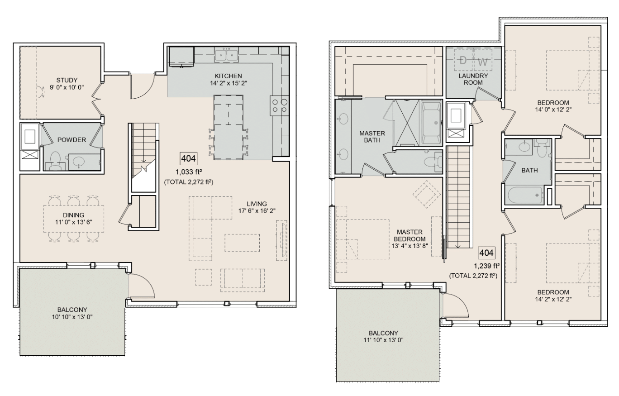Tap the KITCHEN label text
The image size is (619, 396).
coord(229,76)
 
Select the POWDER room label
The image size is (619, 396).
coord(71,140)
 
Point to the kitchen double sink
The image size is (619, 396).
coord(227,55)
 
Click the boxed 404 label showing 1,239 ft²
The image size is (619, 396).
coord(486,253)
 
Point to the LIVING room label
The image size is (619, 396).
coord(257,204)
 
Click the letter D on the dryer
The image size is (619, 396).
coord(462,61)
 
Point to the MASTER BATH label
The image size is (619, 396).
coord(372,137)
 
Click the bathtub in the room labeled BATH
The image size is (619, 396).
coord(525,196)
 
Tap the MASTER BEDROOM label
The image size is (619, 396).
coord(409,235)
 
